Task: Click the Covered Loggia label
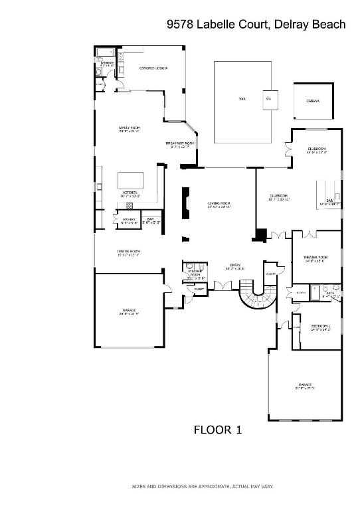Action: coord(153,68)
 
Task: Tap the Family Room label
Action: coord(130,127)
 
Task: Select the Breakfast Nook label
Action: coord(181,143)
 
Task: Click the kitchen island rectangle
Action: coord(130,181)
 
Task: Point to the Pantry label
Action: coord(130,219)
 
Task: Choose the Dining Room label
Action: coord(129,251)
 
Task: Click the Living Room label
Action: coord(219,203)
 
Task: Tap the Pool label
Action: coord(242,99)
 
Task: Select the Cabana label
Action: coord(313,101)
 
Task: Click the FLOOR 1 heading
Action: coord(217,430)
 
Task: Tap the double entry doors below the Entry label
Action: coord(223,286)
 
